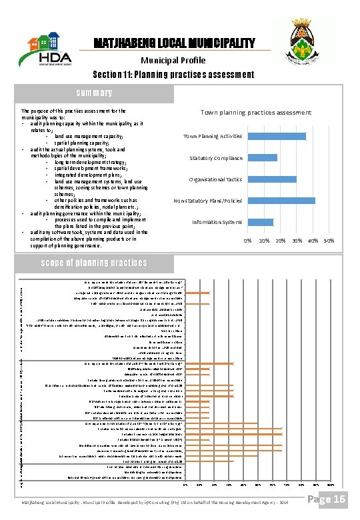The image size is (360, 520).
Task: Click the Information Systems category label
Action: point(217,222)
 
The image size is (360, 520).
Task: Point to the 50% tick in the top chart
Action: point(329,240)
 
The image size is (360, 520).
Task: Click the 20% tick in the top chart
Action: point(280,240)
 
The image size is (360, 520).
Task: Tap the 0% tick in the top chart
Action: point(247,240)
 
